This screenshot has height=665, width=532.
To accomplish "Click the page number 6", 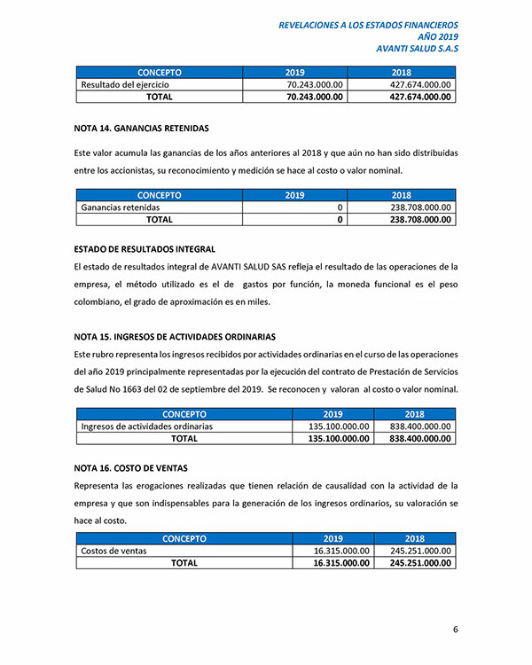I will pyautogui.click(x=455, y=630).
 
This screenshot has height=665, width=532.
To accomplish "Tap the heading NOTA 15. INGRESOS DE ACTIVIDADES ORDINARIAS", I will pyautogui.click(x=175, y=337).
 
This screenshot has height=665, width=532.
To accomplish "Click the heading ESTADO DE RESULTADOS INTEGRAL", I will pyautogui.click(x=145, y=249).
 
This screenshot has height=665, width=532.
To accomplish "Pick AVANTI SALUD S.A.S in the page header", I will pyautogui.click(x=418, y=49).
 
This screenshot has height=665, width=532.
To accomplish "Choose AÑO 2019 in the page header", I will pyautogui.click(x=436, y=37).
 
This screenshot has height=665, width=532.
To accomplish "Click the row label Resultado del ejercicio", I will pyautogui.click(x=125, y=84).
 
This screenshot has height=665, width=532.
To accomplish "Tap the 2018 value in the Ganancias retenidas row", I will pyautogui.click(x=421, y=207).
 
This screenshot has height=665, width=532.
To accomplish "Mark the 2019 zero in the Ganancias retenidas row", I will pyautogui.click(x=340, y=207).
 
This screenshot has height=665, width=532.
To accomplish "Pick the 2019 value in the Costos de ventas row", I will pyautogui.click(x=341, y=551).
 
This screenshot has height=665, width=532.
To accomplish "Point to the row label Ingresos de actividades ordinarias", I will pyautogui.click(x=146, y=426).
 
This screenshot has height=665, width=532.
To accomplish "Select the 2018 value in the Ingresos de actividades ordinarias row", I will pyautogui.click(x=421, y=426).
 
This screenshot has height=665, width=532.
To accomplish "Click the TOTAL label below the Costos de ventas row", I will pyautogui.click(x=184, y=563).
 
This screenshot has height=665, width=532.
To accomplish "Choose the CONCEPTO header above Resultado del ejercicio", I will pyautogui.click(x=160, y=72).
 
